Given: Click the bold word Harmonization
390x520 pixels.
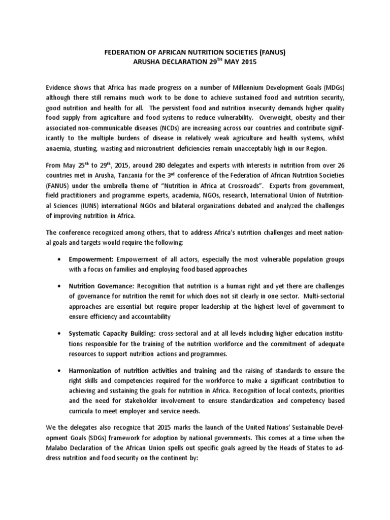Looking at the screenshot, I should coord(94,370).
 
